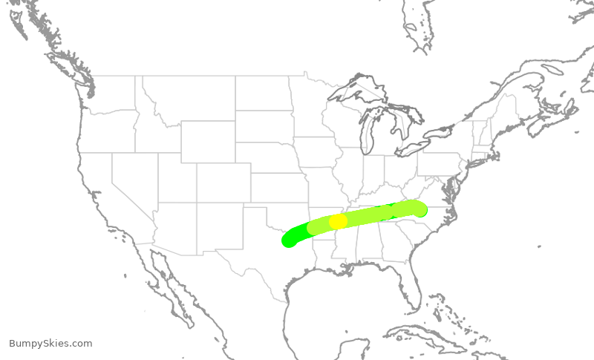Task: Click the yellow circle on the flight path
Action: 338,221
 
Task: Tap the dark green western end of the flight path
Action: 289,239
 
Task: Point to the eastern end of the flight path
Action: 420,209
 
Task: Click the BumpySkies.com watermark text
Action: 50,343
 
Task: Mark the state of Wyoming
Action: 208,141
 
